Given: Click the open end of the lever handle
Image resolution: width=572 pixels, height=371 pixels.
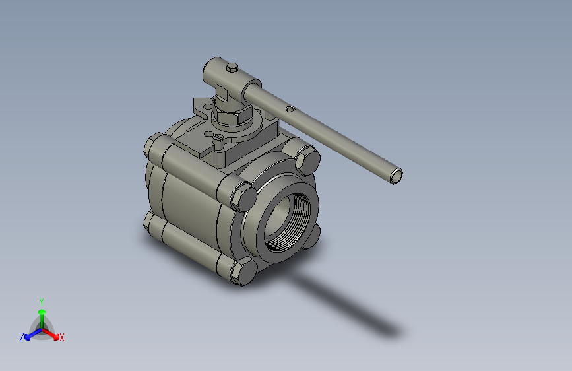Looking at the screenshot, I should [x=396, y=176].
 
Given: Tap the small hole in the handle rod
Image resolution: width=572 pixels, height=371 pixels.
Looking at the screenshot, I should [x=290, y=108].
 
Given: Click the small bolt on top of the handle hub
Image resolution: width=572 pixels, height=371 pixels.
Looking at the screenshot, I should [x=232, y=67].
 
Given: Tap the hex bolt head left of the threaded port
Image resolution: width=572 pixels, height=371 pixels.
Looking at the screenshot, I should [x=243, y=197].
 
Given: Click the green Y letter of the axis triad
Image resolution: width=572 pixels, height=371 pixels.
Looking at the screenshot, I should [x=42, y=301].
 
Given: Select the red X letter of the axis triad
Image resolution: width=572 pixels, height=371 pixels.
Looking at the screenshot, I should [x=62, y=338].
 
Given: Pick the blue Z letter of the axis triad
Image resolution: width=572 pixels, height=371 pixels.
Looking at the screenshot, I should [x=22, y=337].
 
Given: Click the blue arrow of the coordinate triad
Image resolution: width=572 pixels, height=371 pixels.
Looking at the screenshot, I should [x=30, y=335].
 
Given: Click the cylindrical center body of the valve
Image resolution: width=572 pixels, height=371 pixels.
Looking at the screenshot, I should [x=188, y=211].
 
